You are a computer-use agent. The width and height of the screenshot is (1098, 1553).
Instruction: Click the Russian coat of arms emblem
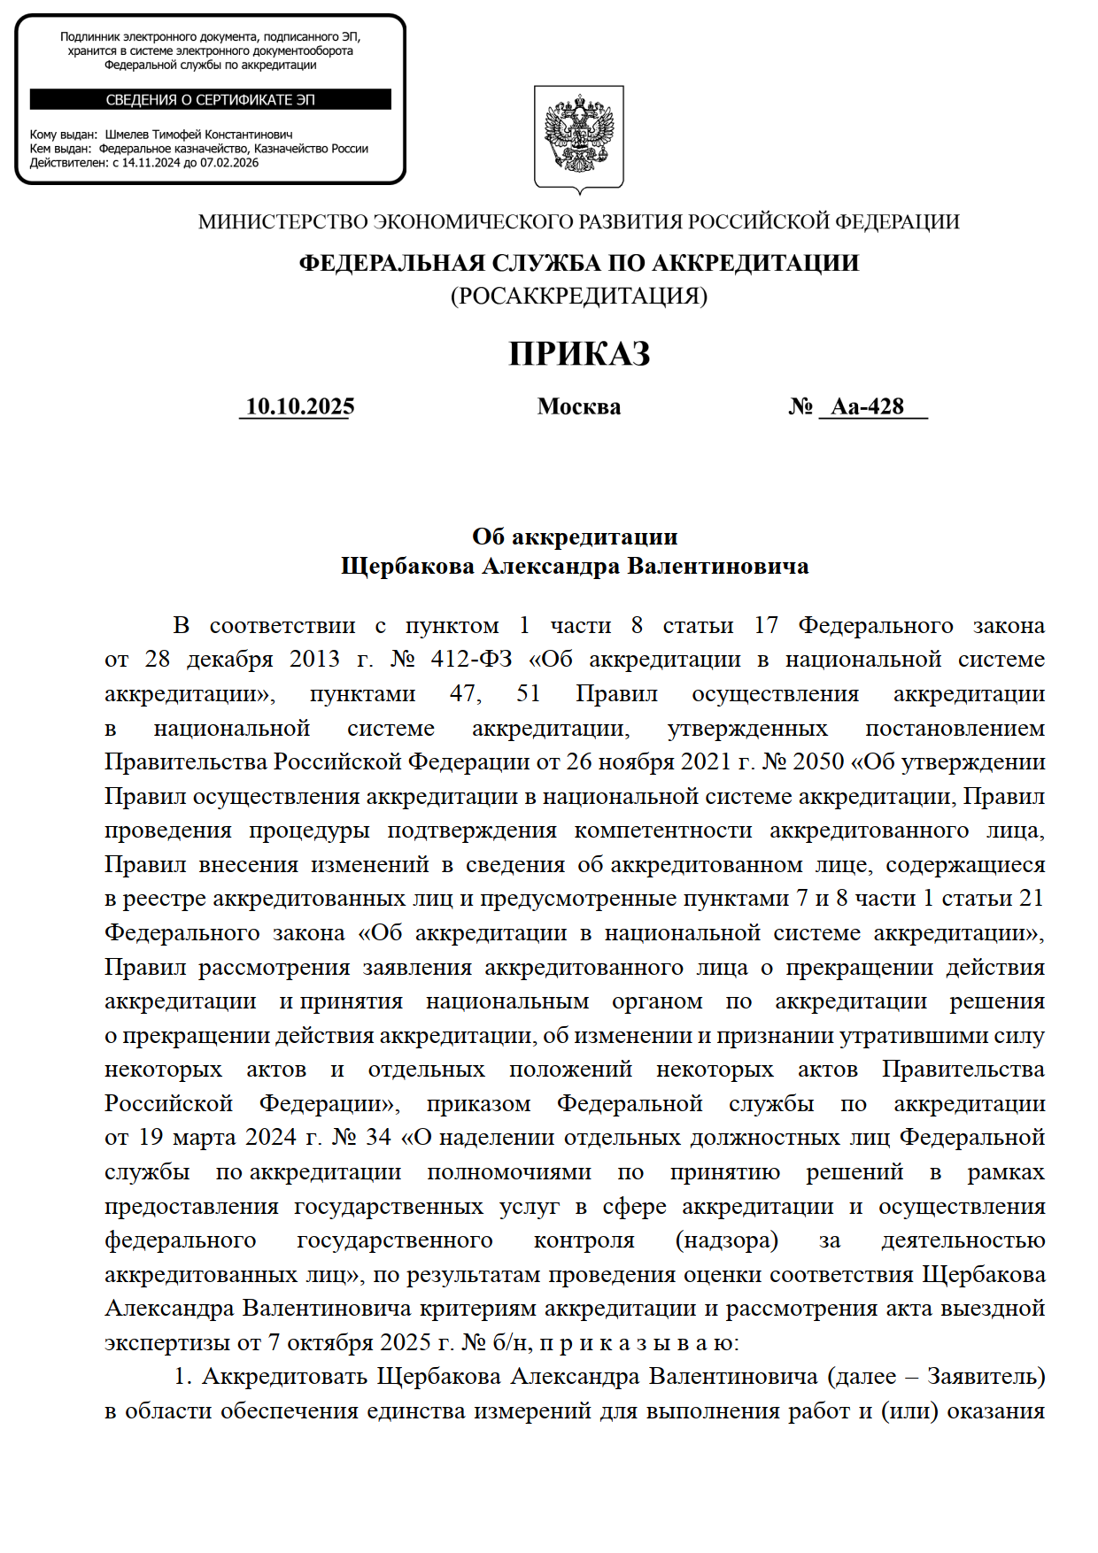point(578,136)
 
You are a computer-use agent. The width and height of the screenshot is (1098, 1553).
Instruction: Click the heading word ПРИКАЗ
point(579,354)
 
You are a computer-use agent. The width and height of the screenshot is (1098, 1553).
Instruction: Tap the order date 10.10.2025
point(299,406)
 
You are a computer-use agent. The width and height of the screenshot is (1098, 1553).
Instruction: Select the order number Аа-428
point(867,406)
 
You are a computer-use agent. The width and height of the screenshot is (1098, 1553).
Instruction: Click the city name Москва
point(578,406)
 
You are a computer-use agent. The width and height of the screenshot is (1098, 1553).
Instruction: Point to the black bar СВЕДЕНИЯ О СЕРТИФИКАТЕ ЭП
point(210,99)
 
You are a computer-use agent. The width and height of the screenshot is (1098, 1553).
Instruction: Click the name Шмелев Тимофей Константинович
point(198,135)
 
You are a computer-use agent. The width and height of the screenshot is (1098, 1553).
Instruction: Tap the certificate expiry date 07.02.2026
point(229,163)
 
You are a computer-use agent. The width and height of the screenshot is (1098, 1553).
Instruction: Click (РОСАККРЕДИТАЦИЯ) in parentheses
point(578,296)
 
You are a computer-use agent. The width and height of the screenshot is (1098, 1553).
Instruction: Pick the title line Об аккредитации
point(575,537)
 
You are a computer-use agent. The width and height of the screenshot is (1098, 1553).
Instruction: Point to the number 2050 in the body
point(818,762)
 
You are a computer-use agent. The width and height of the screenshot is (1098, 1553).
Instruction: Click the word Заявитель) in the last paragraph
point(986,1377)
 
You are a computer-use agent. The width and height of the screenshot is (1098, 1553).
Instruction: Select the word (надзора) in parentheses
point(726,1240)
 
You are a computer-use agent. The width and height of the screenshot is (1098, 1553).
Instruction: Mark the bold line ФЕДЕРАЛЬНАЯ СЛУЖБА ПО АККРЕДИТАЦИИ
point(578,263)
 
